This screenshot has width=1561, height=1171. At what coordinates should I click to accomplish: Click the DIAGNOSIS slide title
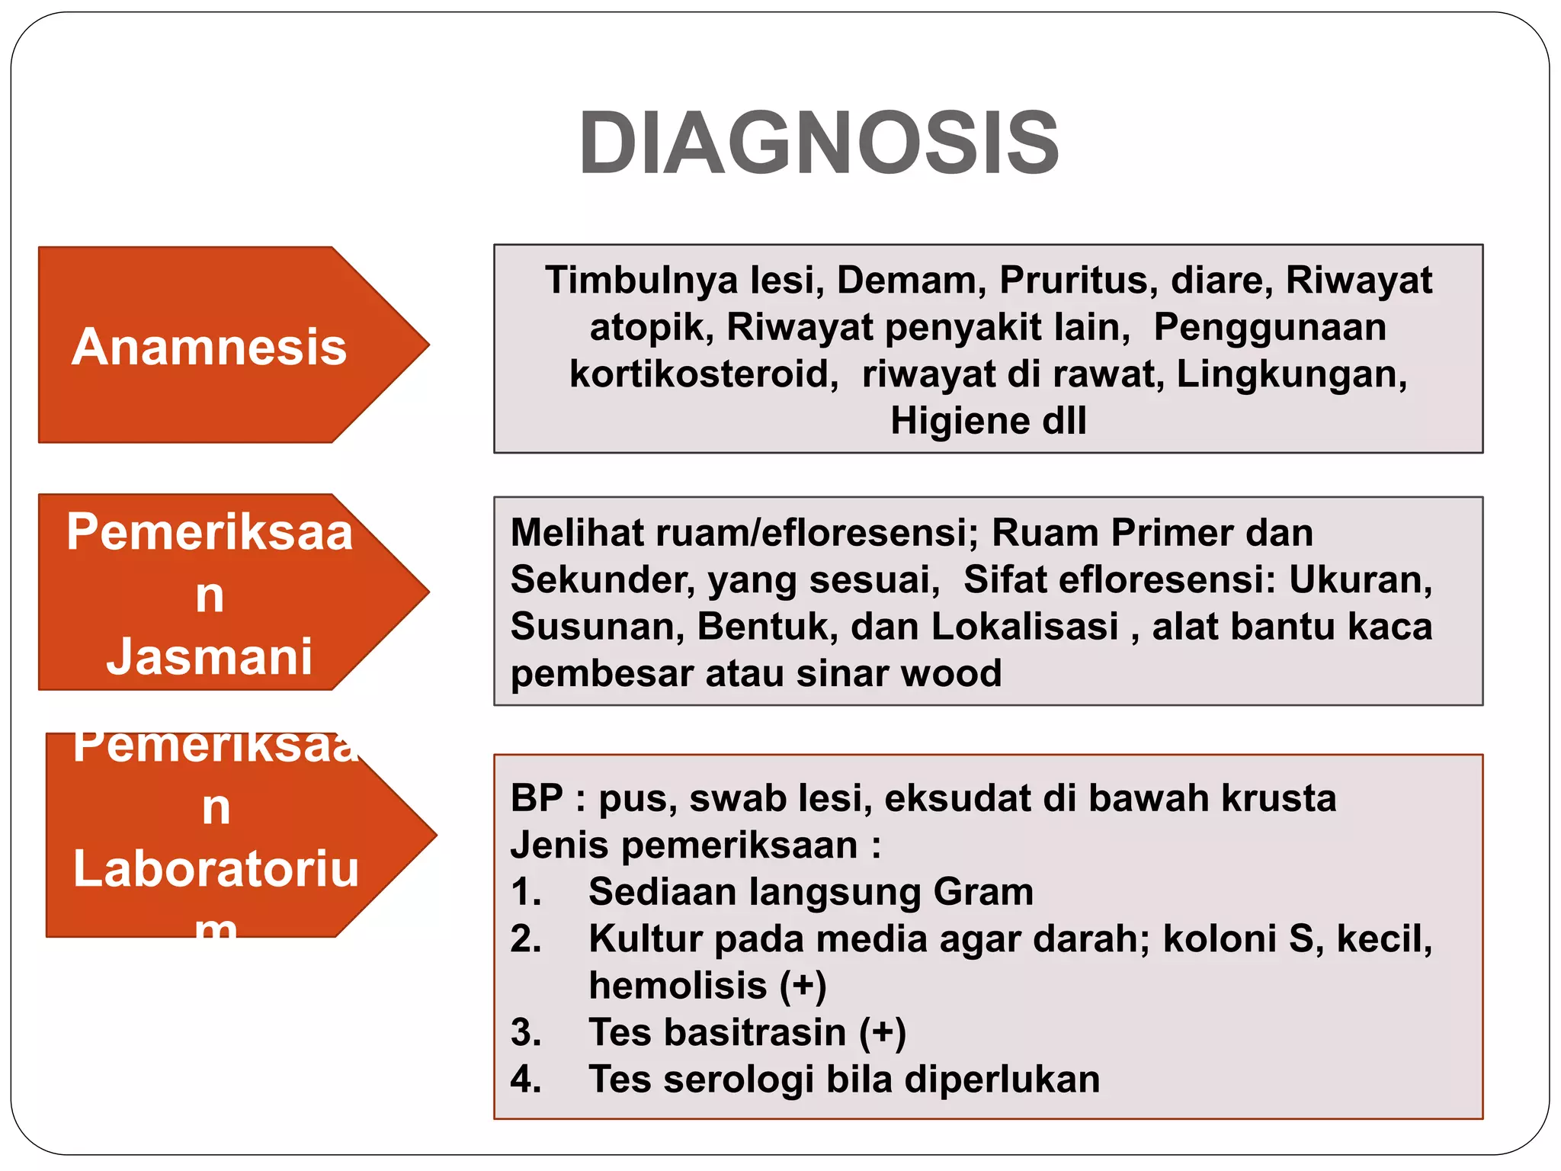click(x=819, y=143)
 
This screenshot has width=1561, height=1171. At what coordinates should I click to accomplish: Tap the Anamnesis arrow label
click(x=210, y=347)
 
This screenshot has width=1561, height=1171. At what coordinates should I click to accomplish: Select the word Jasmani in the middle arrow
click(x=210, y=656)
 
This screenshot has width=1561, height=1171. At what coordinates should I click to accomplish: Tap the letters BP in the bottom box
click(x=537, y=799)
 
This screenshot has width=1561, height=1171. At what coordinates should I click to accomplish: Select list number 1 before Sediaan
click(x=525, y=892)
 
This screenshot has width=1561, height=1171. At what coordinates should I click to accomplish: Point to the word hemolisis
click(x=678, y=986)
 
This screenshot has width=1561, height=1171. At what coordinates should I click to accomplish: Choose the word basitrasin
click(x=755, y=1033)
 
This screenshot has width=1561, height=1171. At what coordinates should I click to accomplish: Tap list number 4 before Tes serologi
click(x=525, y=1080)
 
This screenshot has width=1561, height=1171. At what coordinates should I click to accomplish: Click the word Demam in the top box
click(x=906, y=281)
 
